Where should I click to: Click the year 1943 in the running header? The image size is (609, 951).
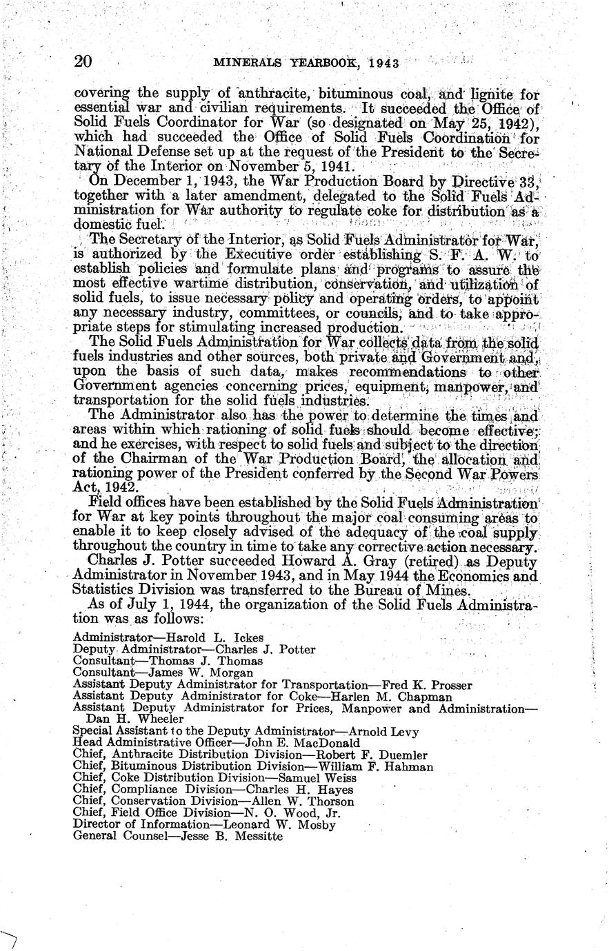pos(385,63)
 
